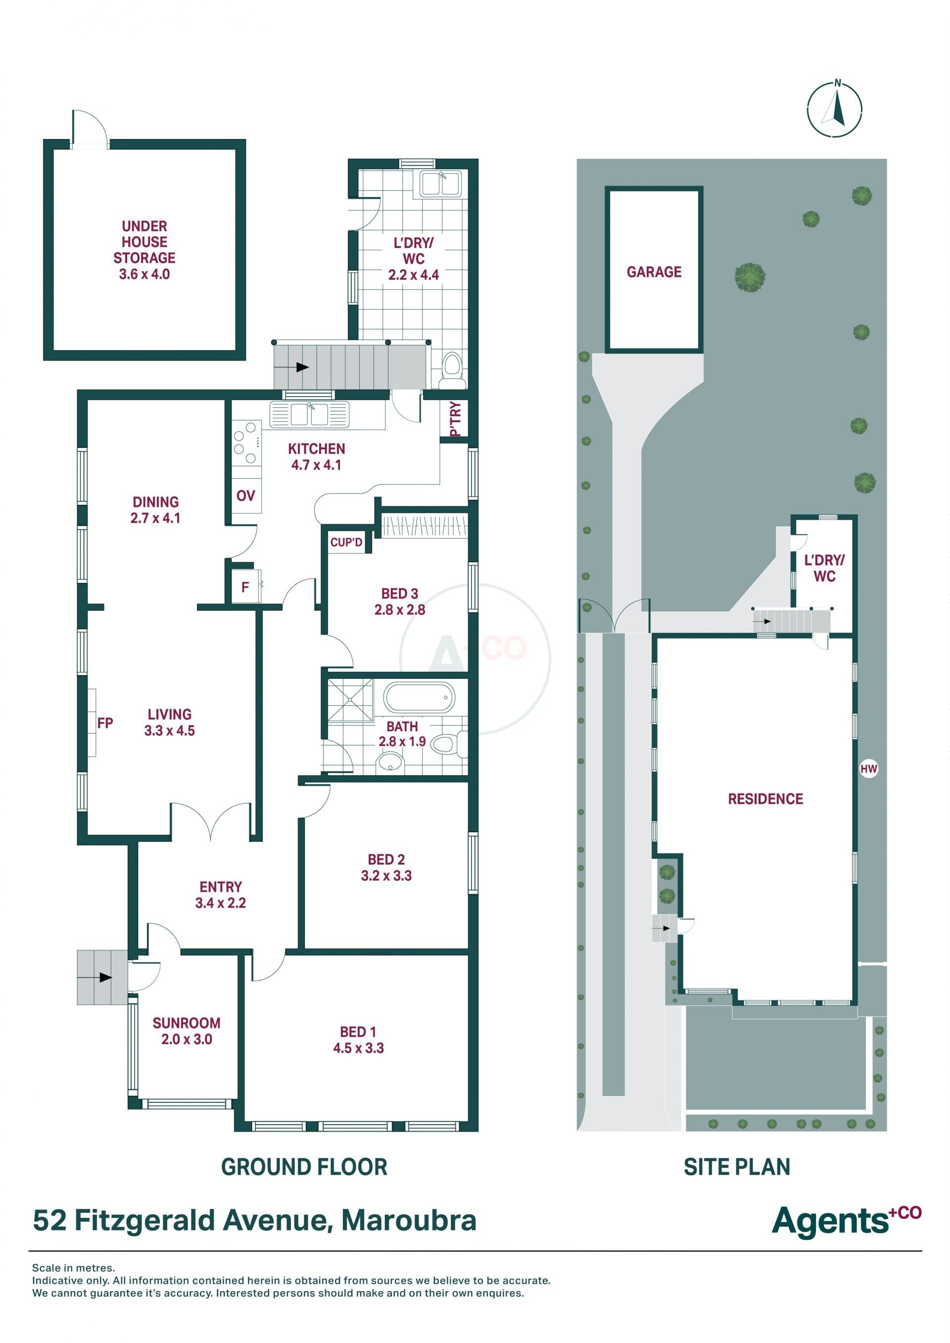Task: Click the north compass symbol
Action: point(834,109)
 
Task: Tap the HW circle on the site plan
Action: point(869,768)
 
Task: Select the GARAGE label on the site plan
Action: point(654,272)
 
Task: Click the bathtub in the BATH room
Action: point(419,697)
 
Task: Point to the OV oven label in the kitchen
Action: point(246,496)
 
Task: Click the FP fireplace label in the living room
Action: point(105,723)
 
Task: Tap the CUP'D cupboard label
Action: point(346,543)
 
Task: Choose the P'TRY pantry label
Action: point(456,418)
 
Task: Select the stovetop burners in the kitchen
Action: point(246,443)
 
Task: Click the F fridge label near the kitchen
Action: point(245,587)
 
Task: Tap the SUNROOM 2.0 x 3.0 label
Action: point(187,1031)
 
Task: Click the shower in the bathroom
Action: point(350,699)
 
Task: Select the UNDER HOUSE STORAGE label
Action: point(144,250)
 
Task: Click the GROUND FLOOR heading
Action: point(304,1167)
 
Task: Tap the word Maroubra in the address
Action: point(409,1221)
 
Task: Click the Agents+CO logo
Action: point(847,1220)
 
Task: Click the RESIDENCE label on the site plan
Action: point(765,799)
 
